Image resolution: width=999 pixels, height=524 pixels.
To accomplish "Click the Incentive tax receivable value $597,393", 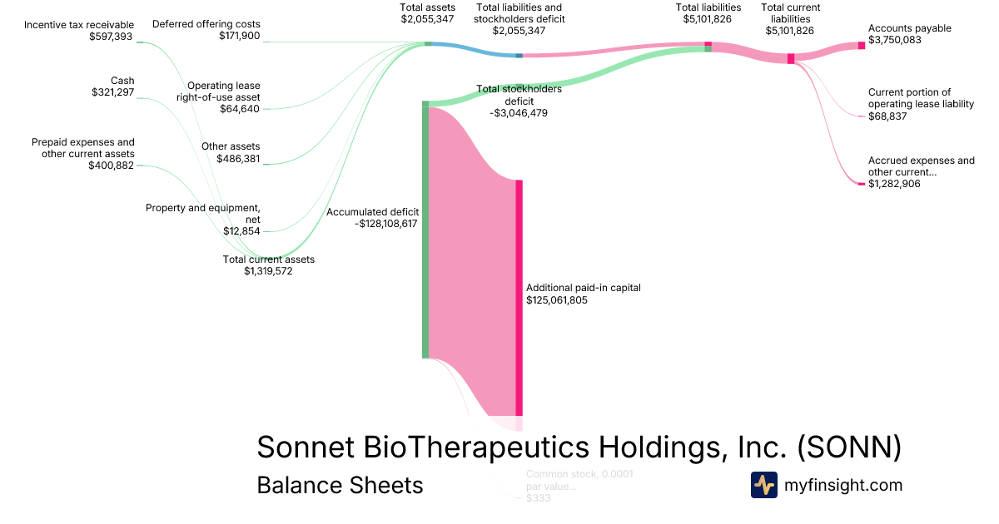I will (112, 37).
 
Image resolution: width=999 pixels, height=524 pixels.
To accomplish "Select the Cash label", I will (122, 81).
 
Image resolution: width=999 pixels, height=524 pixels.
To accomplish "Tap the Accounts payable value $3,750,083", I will (895, 40).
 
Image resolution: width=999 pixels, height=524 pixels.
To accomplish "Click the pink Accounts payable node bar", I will (862, 45).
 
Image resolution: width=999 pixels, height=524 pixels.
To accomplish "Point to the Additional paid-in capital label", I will (583, 288).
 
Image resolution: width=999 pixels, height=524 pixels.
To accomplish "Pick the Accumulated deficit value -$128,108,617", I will (385, 224).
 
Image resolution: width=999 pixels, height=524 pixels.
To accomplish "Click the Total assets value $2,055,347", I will (428, 18).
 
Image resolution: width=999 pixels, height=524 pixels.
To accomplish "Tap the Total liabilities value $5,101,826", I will (708, 19).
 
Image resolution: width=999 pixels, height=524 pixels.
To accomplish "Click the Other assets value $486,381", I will (238, 158).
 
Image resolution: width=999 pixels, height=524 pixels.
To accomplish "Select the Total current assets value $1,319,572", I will (268, 270).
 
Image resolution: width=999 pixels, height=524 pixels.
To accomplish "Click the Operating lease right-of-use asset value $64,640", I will (240, 108).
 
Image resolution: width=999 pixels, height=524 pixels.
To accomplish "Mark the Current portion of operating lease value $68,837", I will (887, 116).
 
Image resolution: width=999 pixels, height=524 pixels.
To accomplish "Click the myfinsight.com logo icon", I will (763, 485).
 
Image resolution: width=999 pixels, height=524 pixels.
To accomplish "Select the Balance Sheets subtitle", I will (340, 485).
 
